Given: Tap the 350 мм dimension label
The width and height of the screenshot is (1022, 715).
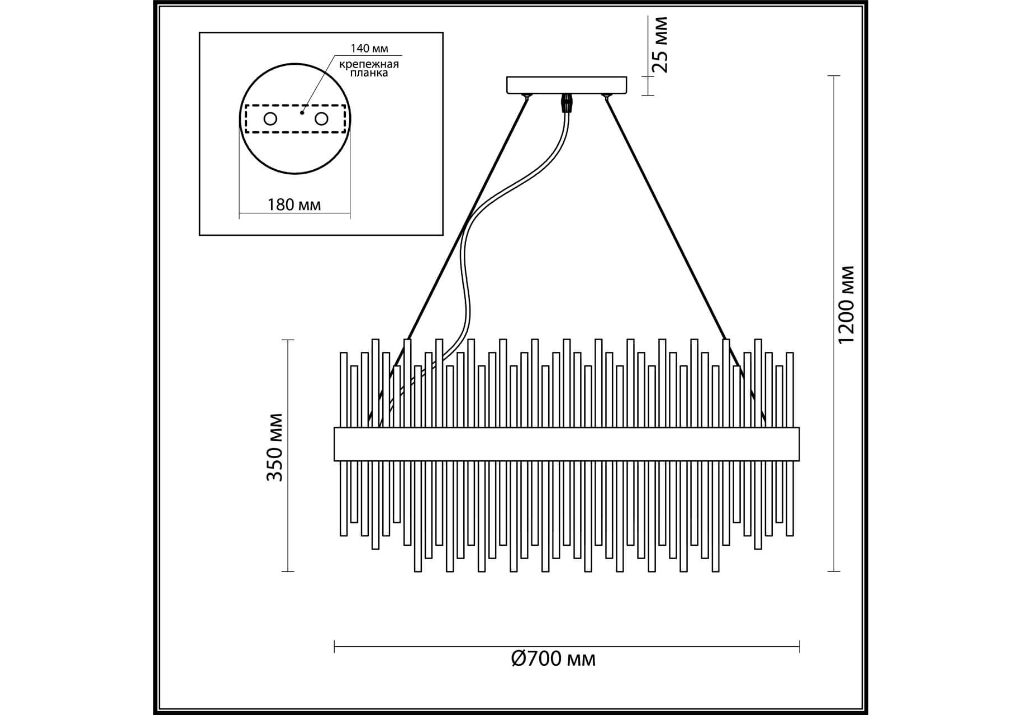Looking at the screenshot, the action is [274, 447].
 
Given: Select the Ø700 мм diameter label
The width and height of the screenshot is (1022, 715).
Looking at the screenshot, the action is [553, 659].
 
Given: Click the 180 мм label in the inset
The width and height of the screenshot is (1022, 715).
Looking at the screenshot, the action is [294, 204].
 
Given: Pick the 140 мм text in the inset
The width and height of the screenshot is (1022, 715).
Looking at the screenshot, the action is [369, 49].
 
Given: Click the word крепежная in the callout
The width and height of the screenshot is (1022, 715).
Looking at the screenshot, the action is [369, 63].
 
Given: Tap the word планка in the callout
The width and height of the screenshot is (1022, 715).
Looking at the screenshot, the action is [369, 73].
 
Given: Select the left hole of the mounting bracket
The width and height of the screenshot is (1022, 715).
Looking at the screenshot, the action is [270, 119].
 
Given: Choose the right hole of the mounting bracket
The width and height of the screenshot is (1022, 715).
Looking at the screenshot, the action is [321, 119].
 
